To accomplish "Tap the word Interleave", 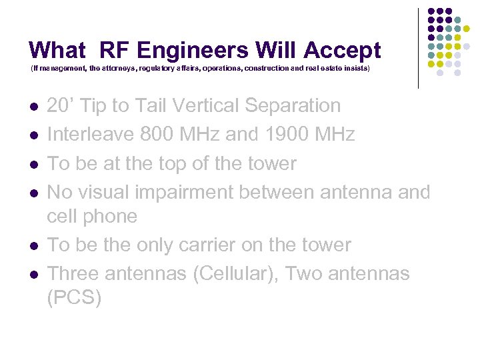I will click(91, 135).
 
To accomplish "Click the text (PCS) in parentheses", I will click(74, 297).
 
